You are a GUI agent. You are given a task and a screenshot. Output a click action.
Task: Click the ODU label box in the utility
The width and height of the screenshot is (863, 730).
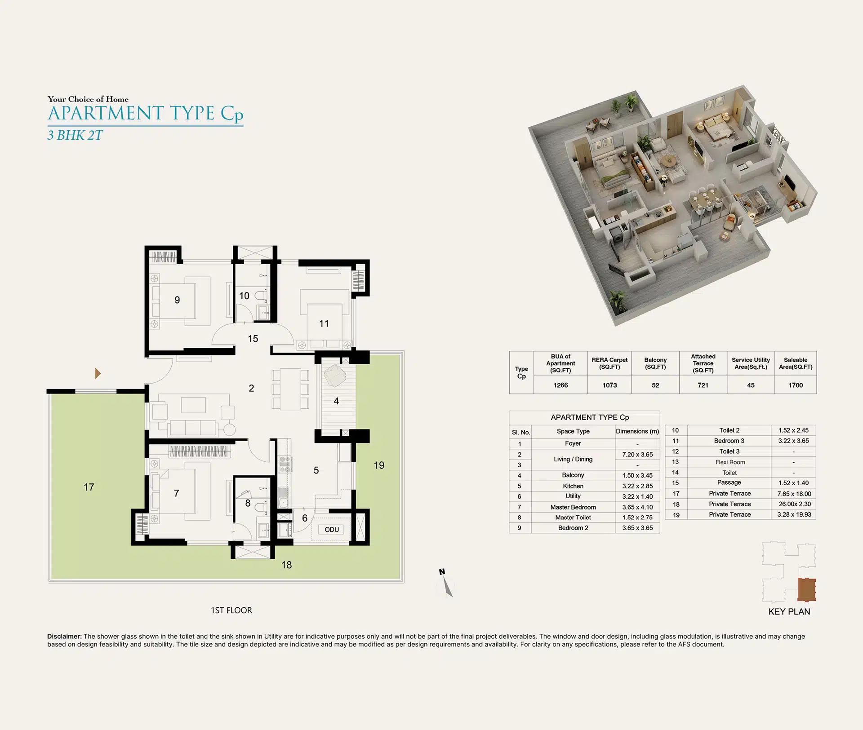[332, 530]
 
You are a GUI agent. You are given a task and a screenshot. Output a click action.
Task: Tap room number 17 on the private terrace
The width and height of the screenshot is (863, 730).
[89, 487]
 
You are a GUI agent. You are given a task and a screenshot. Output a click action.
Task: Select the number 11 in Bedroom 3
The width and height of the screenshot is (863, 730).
[324, 323]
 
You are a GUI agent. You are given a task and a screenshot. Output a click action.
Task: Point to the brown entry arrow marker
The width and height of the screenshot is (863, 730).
[98, 373]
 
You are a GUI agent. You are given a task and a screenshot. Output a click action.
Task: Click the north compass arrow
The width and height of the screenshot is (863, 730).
[447, 587]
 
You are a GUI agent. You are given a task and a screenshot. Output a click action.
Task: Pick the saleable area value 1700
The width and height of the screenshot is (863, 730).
[796, 385]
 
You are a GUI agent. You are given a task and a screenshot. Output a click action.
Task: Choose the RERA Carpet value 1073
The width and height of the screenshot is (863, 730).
[609, 385]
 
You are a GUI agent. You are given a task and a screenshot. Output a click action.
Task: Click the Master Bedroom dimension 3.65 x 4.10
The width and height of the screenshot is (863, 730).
[637, 507]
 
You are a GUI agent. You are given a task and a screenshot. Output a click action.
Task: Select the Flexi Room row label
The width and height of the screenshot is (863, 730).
[730, 462]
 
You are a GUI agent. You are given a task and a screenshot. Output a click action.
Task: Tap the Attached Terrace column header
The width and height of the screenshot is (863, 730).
[703, 363]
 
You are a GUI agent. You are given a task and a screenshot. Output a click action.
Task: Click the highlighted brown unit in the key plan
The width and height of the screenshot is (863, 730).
[807, 589]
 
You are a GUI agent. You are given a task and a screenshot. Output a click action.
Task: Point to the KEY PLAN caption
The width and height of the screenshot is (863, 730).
[789, 611]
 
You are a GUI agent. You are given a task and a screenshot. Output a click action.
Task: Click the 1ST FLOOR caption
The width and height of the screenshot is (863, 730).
[231, 610]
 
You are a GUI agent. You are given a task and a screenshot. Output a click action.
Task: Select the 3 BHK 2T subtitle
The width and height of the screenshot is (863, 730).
[75, 135]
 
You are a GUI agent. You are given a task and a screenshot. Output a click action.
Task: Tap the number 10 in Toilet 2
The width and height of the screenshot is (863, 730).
[244, 296]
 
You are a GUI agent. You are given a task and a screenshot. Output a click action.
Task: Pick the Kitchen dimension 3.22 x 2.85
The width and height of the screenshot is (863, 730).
[637, 486]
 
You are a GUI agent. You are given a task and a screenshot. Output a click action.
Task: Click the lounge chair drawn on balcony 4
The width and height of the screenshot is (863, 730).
[334, 375]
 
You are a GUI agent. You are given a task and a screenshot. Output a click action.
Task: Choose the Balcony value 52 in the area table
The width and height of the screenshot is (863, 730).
[655, 385]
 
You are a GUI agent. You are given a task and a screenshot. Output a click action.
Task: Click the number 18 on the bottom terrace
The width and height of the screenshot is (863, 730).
[287, 565]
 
